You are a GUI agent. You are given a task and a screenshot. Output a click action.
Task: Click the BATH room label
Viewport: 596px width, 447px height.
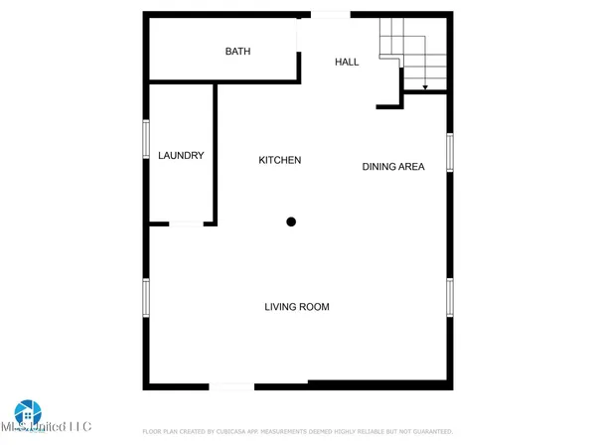click(x=237, y=52)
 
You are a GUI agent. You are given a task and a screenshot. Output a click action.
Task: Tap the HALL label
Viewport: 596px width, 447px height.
click(x=347, y=62)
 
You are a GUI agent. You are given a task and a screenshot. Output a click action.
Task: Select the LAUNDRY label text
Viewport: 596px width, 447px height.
click(x=181, y=155)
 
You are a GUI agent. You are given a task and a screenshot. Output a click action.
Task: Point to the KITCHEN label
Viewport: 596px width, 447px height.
click(x=279, y=160)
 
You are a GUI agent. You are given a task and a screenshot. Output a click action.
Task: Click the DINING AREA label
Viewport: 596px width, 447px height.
click(x=392, y=167)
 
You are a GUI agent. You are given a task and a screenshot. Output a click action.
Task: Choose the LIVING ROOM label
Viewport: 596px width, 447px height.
click(x=296, y=307)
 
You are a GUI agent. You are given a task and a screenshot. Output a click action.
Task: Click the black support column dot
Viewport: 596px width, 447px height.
click(x=291, y=222)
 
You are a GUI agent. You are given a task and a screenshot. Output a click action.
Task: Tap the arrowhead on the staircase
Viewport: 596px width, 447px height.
click(x=425, y=88)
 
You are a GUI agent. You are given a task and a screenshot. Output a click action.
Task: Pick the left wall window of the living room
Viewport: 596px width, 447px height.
click(x=146, y=297)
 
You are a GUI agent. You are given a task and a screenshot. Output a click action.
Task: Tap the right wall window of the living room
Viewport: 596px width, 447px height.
click(x=450, y=297)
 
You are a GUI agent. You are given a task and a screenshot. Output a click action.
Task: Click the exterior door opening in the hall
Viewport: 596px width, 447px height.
click(x=330, y=14)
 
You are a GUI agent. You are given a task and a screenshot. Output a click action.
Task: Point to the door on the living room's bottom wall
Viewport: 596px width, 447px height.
click(x=230, y=384)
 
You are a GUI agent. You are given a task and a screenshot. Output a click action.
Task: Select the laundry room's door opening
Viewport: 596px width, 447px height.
click(x=185, y=224)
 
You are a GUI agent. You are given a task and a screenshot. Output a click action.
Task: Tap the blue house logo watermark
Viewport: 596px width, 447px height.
click(x=26, y=415)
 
